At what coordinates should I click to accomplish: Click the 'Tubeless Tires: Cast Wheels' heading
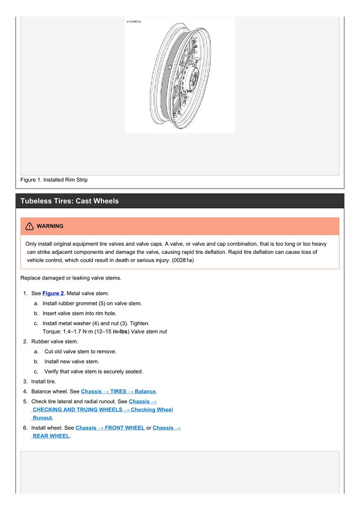[70, 201]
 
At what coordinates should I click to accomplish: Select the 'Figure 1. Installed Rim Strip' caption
[54, 180]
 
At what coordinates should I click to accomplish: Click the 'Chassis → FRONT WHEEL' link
[110, 428]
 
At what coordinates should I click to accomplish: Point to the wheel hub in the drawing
[194, 78]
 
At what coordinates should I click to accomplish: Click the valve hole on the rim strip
[170, 67]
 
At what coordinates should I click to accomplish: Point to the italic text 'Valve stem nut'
[148, 332]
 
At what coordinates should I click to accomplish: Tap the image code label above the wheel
[134, 22]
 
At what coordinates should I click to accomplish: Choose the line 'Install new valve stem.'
[72, 361]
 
